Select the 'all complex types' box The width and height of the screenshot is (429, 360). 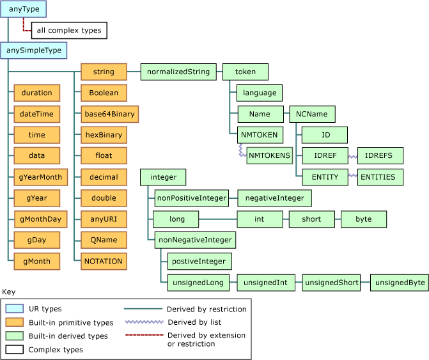point(69,30)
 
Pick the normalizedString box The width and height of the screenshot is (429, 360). point(178,72)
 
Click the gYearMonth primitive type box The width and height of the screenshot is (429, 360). point(37,177)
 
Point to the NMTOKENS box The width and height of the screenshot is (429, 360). point(269,155)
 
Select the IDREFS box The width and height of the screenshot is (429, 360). point(380,155)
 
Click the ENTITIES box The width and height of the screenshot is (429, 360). point(380,177)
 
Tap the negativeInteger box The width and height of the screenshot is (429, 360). point(274,198)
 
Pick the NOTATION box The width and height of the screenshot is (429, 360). point(104,261)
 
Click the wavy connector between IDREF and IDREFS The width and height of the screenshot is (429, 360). point(352,156)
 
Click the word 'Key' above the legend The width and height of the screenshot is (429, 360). point(9,292)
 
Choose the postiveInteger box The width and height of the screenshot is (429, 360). point(199,261)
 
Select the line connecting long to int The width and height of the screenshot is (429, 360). point(219,219)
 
